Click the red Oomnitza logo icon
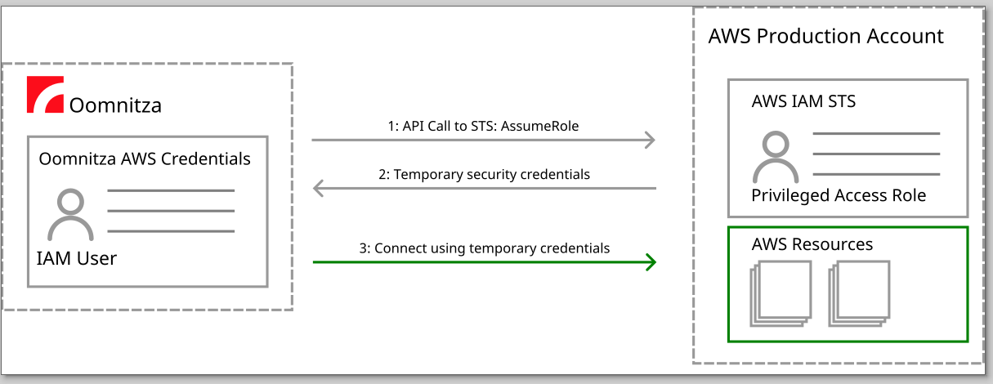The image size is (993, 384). coord(45,95)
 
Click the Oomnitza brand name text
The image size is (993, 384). coord(115,105)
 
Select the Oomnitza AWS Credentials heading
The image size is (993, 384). coord(145,159)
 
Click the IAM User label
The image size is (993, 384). coord(77,259)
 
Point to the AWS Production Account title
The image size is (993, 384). coord(825,37)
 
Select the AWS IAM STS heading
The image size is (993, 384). coord(803,102)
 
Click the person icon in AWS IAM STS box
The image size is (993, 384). coord(776,158)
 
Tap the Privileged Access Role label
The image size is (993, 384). coord(839,195)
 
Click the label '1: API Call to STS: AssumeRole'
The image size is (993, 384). coord(483,126)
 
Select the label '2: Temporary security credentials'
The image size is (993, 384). coord(484,174)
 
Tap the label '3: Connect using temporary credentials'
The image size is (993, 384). coord(484,248)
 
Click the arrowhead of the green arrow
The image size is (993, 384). coord(651,262)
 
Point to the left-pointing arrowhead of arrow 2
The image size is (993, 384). coord(319,189)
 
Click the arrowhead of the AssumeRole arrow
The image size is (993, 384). coord(650,141)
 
